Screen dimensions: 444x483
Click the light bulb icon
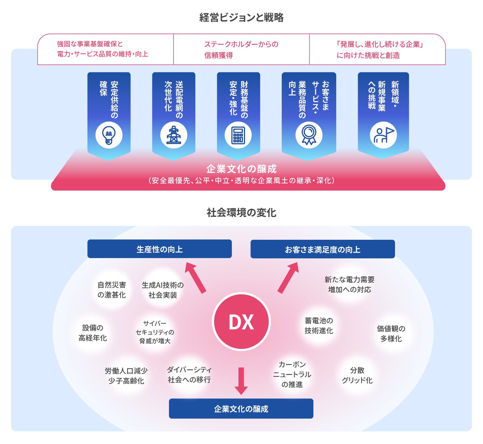109,135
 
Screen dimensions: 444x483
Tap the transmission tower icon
173,135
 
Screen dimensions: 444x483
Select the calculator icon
238,135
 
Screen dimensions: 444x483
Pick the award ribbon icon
309,135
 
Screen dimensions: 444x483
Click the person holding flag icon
383,135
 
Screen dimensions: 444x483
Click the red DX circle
241,322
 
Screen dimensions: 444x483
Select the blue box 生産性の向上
159,249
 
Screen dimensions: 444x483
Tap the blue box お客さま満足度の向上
323,249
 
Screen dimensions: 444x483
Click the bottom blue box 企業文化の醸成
241,408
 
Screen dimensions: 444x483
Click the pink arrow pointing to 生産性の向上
195,277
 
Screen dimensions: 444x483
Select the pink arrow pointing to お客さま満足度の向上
288,277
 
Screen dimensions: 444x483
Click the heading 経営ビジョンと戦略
241,17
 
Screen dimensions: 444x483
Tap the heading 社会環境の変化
241,213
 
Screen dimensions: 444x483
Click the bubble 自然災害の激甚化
112,290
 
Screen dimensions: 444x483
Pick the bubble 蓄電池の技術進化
319,326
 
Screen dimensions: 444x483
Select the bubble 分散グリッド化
357,375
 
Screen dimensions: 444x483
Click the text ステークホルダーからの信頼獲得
241,50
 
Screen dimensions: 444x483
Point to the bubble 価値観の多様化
391,334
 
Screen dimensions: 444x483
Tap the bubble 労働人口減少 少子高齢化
126,376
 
